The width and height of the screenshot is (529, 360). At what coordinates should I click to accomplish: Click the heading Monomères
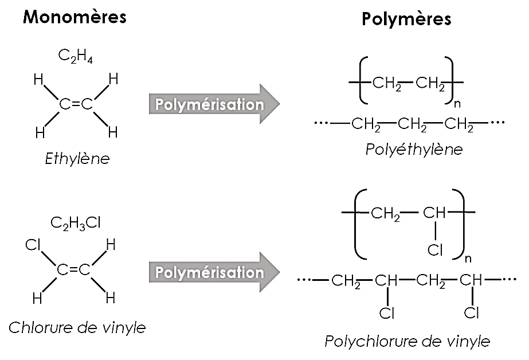pos(74,17)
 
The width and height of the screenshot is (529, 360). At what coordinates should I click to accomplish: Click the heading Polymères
pos(406,19)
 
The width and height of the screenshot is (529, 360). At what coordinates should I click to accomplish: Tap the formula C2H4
pos(76,56)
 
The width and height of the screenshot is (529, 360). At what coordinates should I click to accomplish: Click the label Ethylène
pos(77,159)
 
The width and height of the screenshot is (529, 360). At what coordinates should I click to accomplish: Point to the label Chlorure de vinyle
pos(77,328)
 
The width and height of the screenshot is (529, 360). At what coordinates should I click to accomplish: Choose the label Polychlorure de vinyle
pos(407,342)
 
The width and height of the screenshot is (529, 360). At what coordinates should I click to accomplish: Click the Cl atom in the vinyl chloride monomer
pos(34,246)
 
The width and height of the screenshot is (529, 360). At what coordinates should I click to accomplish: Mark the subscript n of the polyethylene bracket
pos(456,105)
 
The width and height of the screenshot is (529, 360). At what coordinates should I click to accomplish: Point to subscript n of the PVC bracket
pos(468,258)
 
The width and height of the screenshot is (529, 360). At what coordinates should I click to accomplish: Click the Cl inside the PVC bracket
pos(436,251)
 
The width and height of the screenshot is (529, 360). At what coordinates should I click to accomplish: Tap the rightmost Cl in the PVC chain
pos(471,313)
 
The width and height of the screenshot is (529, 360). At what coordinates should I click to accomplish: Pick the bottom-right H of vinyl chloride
pos(111,298)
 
